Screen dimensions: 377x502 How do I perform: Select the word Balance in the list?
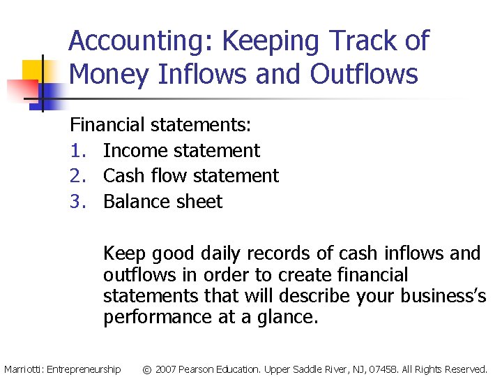tap(137, 202)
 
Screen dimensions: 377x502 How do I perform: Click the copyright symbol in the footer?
tap(146, 369)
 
